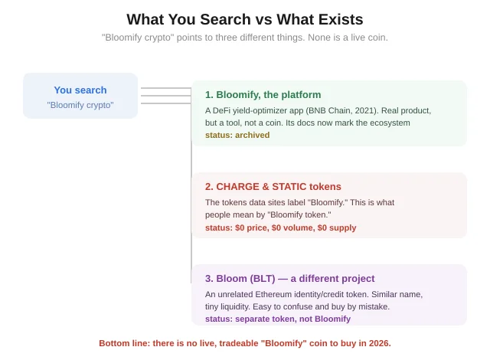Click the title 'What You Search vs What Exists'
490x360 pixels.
(245, 19)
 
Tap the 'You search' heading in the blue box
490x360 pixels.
(80, 90)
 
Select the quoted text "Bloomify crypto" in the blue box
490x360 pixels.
(80, 105)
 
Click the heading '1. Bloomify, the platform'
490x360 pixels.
(263, 95)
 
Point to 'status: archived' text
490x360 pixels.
(237, 135)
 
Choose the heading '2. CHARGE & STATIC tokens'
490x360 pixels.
(273, 187)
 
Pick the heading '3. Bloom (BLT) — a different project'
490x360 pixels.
(289, 279)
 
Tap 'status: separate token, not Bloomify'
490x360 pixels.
(278, 319)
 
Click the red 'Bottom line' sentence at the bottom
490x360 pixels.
(245, 343)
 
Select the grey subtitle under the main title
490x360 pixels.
(245, 38)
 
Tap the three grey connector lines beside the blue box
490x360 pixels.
(166, 96)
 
